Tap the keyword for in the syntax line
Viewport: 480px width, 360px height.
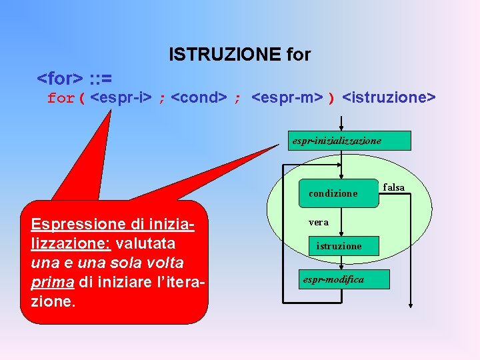61,99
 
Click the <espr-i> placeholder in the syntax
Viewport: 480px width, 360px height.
121,99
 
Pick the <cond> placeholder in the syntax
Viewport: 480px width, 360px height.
198,99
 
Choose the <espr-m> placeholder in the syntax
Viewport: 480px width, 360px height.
287,99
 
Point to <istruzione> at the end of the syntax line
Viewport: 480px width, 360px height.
389,99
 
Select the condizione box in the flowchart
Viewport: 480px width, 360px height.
337,193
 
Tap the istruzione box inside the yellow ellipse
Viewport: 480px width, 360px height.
339,246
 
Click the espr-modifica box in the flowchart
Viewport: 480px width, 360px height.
333,279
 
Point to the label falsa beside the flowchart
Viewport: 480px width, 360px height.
394,188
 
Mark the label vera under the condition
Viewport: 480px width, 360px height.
318,222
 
